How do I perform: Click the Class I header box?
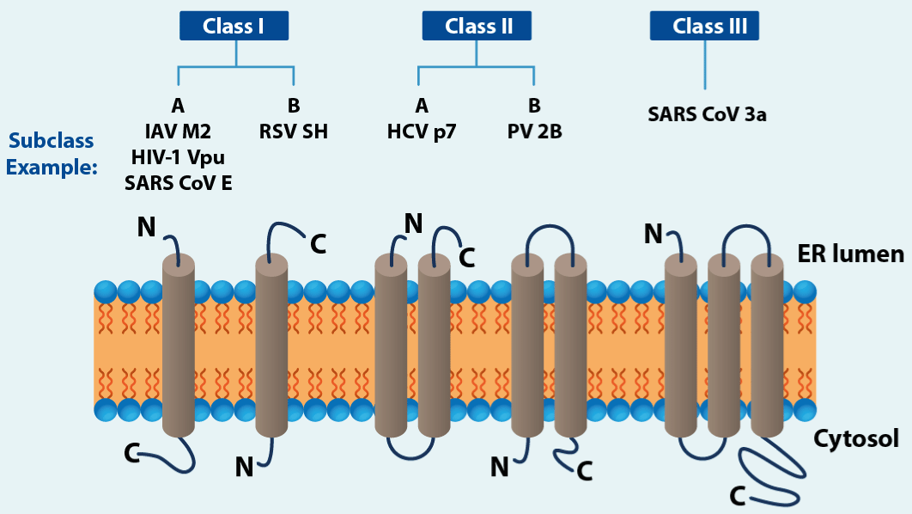coord(234,27)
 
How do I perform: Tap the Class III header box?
coord(704,27)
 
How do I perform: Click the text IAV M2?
coord(178,132)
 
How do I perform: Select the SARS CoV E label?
coord(178,183)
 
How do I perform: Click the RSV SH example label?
coord(293,132)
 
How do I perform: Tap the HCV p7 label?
coord(421,132)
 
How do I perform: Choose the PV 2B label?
coord(534,132)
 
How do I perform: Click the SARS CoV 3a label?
coord(707,113)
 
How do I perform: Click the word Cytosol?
coord(856,439)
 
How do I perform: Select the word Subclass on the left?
coord(51,141)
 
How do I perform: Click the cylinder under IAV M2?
coord(179,344)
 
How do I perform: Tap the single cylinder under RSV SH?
coord(271,344)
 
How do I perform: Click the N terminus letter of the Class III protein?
coord(654,233)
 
